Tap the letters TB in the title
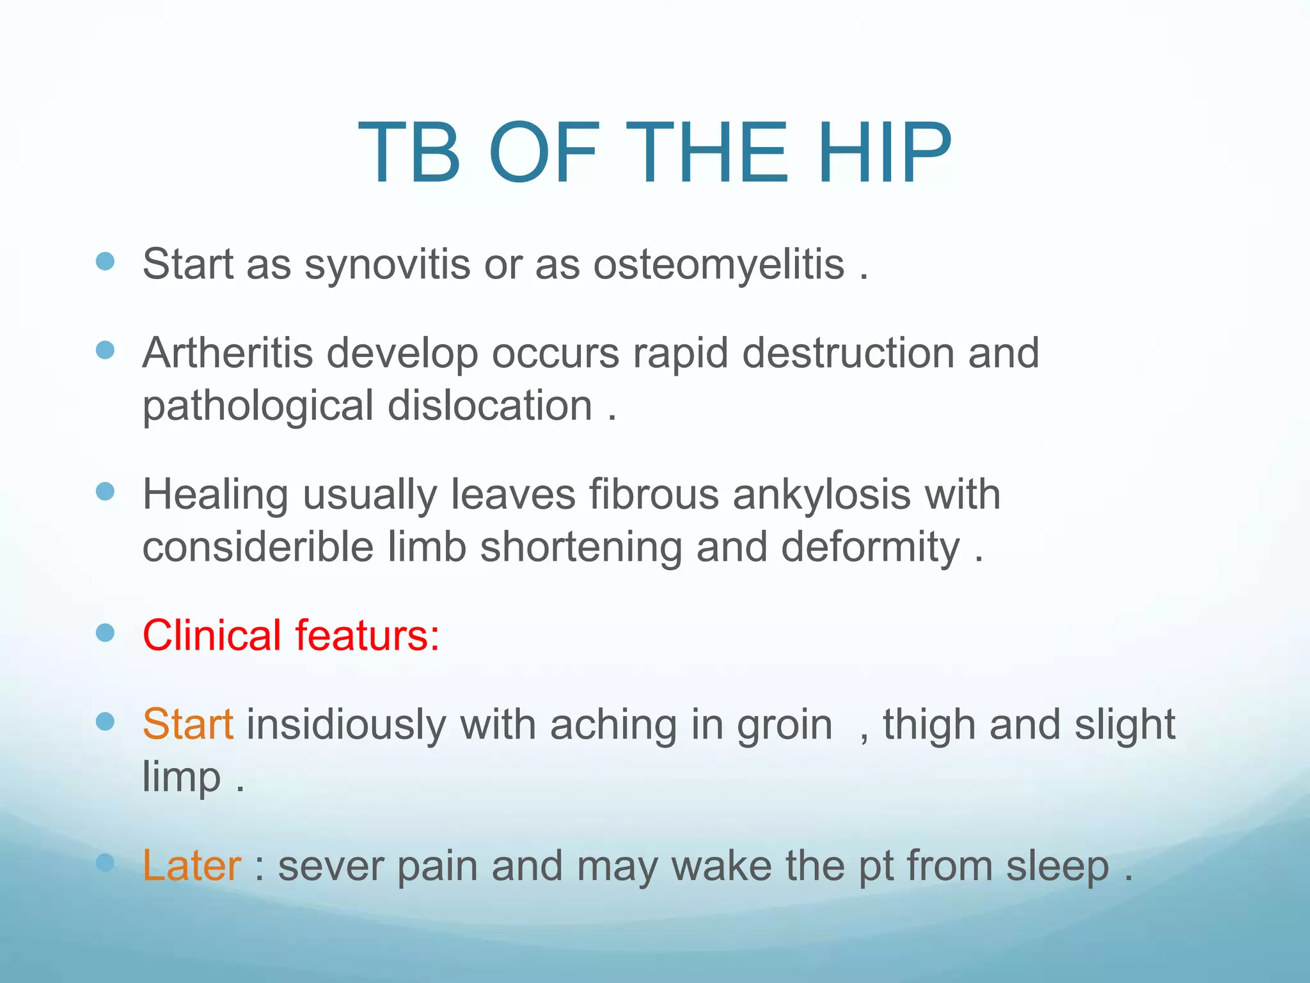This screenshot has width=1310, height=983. pos(409,154)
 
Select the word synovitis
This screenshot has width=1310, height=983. pos(387,264)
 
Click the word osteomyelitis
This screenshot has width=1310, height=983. pos(718,264)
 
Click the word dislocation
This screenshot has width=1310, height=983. pos(490,406)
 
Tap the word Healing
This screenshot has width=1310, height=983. pos(215,495)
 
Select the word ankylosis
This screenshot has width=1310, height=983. pos(821,495)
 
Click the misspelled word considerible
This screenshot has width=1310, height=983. pos(258,548)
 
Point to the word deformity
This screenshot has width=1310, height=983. pos(870,548)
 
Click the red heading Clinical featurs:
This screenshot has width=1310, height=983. pos(291,635)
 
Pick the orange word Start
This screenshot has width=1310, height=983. pos(187,724)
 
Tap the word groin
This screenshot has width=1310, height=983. pos(784,724)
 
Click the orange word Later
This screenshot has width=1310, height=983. pos(191,866)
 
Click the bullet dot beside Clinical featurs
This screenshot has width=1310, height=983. pos(105,633)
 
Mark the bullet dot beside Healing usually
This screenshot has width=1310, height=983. pos(105,491)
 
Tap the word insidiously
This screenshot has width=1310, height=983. pos(346,724)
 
